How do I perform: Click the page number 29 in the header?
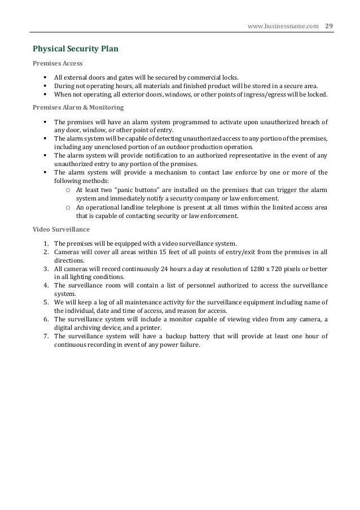328,25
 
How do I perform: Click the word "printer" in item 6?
147,328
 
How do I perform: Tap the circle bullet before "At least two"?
68,190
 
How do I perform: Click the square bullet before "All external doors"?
45,77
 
